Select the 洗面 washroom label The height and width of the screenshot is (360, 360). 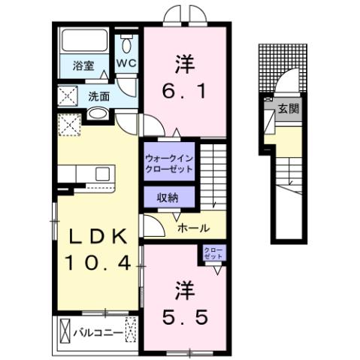pyautogui.click(x=99, y=95)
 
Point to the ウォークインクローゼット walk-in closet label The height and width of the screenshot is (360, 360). pyautogui.click(x=169, y=163)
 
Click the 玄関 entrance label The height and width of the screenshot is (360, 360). pyautogui.click(x=288, y=109)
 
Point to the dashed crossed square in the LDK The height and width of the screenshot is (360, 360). pyautogui.click(x=69, y=124)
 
